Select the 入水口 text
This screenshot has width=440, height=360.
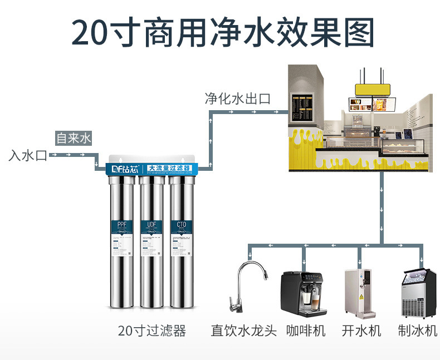tap(28, 155)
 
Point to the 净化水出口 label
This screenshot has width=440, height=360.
tap(237, 99)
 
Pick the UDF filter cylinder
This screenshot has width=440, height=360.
tap(151, 239)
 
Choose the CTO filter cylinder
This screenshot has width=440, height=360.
tap(181, 239)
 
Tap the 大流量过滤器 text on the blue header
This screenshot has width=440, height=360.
tap(169, 167)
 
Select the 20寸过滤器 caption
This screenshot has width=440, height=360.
tap(151, 331)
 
